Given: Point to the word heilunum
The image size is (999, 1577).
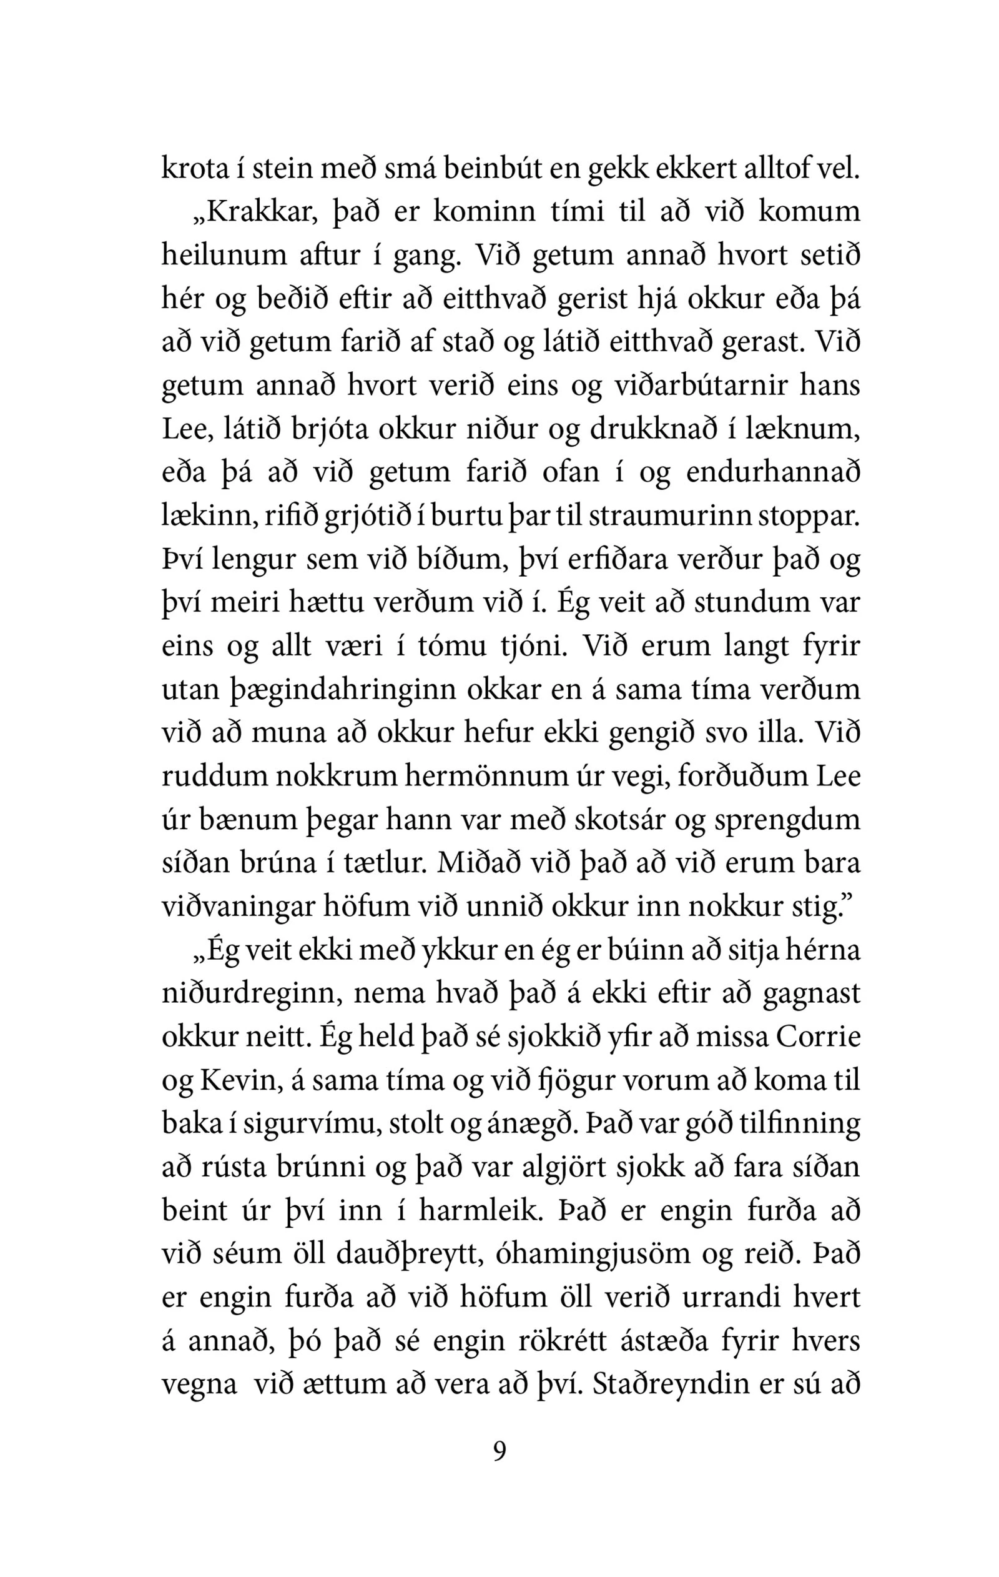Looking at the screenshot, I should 224,256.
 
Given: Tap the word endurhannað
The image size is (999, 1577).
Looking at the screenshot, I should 773,472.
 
